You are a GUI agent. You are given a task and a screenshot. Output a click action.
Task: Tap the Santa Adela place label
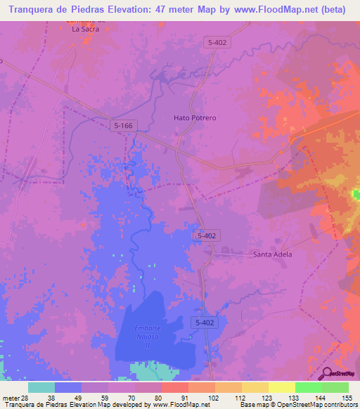pos(272,254)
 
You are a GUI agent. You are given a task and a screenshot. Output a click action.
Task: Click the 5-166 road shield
pos(124,125)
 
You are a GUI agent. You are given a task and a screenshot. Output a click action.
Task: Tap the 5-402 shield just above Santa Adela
pos(206,238)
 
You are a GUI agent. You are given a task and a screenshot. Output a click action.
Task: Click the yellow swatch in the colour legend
pos(281,387)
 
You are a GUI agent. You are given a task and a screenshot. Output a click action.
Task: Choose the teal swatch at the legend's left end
pos(41,387)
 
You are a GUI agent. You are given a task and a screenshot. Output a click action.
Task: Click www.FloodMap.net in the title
pos(278,9)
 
